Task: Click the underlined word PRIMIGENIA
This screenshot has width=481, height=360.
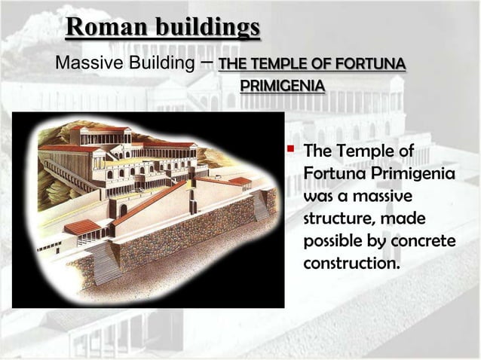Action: (283, 84)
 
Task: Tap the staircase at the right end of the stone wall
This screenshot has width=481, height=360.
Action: (263, 205)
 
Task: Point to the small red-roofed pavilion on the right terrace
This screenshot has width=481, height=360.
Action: (239, 182)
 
